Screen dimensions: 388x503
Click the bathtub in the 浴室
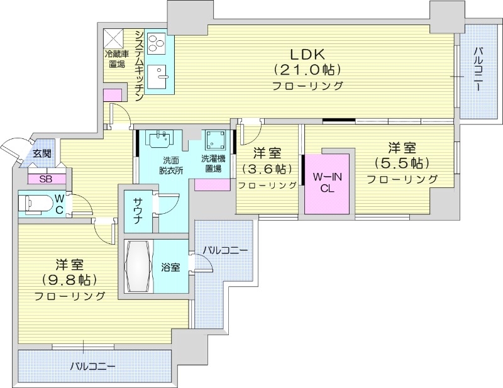(x=138, y=267)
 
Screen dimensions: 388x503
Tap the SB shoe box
(x=45, y=179)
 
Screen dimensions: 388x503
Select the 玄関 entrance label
(x=43, y=153)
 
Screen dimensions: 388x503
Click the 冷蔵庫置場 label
(x=117, y=59)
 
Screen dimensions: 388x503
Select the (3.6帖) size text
(x=267, y=169)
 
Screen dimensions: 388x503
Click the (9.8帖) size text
(x=69, y=279)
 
